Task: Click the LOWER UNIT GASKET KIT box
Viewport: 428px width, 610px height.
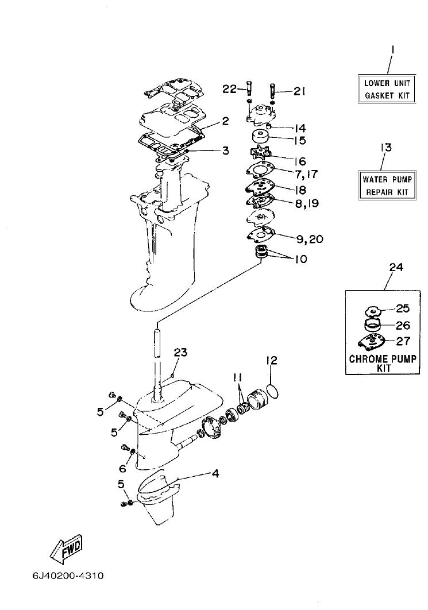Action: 387,89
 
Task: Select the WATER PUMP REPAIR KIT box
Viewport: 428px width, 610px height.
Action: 387,185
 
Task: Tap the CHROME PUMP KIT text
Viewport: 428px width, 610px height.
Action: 383,364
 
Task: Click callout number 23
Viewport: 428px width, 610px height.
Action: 180,353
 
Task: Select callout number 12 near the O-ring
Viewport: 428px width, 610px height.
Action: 271,361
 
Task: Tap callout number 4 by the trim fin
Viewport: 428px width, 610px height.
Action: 215,474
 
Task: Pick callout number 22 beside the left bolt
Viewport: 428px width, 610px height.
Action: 229,88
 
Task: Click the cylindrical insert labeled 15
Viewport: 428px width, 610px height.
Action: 260,138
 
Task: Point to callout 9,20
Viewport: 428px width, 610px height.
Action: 308,238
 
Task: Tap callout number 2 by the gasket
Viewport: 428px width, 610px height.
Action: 225,122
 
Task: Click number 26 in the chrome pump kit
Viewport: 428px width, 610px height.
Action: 402,325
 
